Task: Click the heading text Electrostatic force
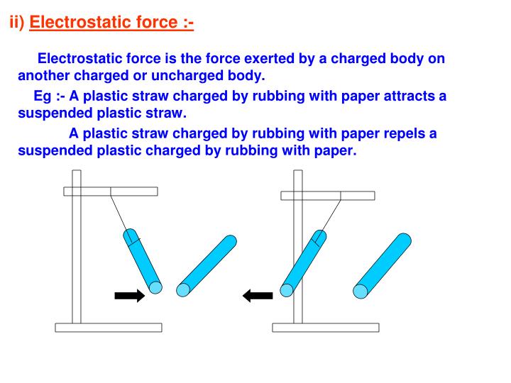point(111,23)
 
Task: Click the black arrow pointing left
point(258,296)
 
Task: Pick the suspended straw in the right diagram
point(303,262)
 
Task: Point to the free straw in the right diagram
point(383,265)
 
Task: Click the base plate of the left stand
point(109,328)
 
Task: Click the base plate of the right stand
point(326,328)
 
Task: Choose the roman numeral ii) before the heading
point(16,23)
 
